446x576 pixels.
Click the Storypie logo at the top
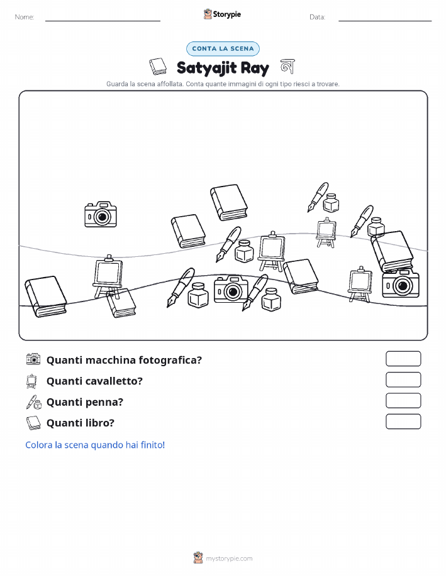[222, 14]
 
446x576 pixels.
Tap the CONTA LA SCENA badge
[223, 48]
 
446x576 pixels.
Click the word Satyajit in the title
[206, 68]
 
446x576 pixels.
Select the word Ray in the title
[255, 68]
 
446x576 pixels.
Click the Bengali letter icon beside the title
[287, 67]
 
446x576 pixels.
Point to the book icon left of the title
[158, 67]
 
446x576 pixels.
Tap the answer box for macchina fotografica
[403, 359]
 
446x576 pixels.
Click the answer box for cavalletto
[403, 380]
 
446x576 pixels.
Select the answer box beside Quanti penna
[403, 401]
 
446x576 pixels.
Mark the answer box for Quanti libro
[403, 421]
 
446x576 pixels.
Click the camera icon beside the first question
[33, 359]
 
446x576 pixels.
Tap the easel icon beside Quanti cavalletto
[31, 381]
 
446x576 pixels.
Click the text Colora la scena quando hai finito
[95, 445]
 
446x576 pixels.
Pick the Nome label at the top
[25, 17]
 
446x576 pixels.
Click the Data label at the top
[317, 17]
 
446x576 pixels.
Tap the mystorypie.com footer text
[229, 558]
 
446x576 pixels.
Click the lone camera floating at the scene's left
[101, 214]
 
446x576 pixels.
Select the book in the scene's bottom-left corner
[46, 296]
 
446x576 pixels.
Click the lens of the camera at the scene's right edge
[403, 285]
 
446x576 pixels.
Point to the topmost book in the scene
[229, 202]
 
